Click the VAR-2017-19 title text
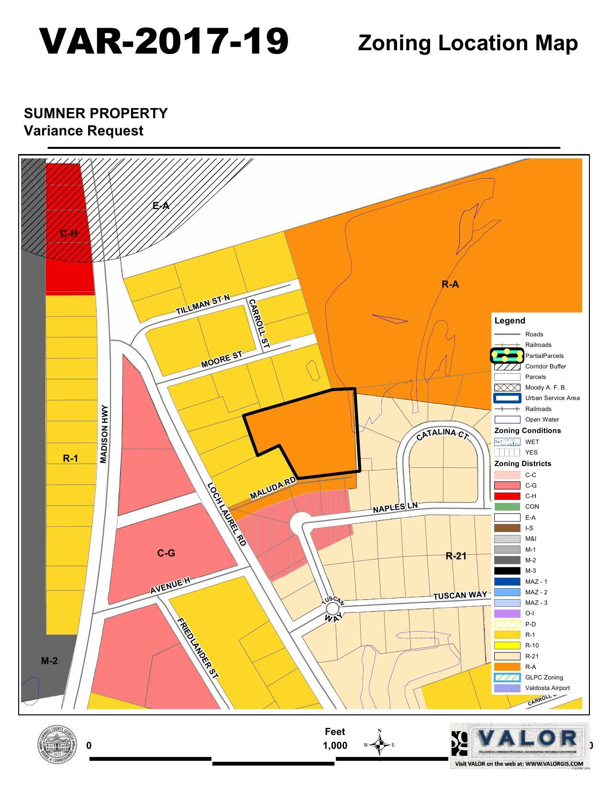(x=164, y=41)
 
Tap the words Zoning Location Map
(x=467, y=43)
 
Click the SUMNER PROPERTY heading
(x=96, y=113)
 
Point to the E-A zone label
(x=161, y=206)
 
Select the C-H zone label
(x=68, y=234)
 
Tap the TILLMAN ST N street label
(x=202, y=304)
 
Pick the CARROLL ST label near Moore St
(x=259, y=323)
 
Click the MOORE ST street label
(x=222, y=359)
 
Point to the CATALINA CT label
(x=441, y=434)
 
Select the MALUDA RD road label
(x=273, y=489)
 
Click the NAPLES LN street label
(x=395, y=507)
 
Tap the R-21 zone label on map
(x=455, y=556)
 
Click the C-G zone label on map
(x=166, y=553)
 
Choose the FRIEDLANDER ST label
(x=198, y=648)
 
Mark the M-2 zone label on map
(x=49, y=661)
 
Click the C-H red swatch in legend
(x=507, y=496)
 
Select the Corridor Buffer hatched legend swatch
(x=507, y=367)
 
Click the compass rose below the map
(x=379, y=745)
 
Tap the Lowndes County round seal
(x=57, y=745)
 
